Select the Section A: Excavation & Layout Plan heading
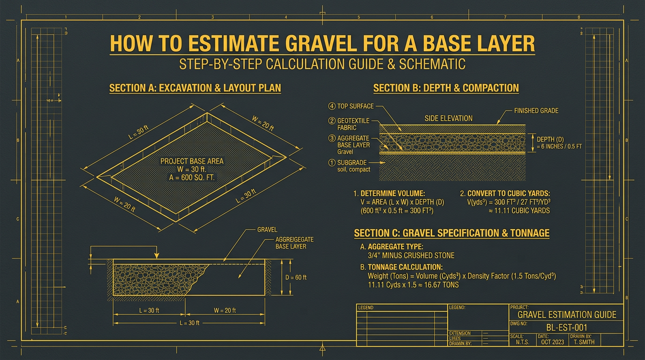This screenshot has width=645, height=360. (x=195, y=88)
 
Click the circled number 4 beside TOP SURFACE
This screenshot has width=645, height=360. (x=332, y=106)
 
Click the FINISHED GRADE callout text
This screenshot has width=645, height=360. (x=536, y=111)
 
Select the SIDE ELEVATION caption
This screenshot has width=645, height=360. (x=448, y=118)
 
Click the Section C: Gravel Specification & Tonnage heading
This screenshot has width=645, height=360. (x=451, y=233)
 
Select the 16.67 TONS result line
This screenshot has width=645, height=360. (x=413, y=285)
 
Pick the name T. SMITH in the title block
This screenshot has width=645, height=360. (x=584, y=342)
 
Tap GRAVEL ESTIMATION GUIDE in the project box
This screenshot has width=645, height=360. (x=567, y=314)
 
